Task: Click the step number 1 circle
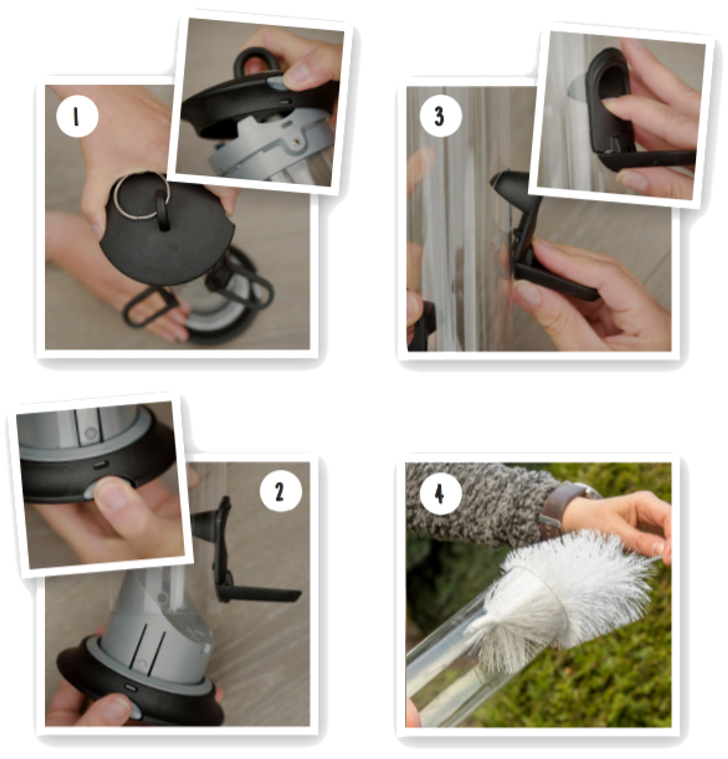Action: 77,116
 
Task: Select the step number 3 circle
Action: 441,116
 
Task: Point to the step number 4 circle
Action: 441,494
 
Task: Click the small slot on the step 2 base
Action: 130,687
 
